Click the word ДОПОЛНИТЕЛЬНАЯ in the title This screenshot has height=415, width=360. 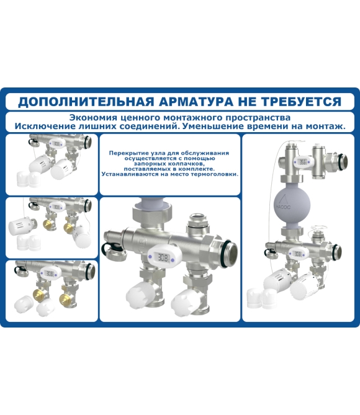(86, 102)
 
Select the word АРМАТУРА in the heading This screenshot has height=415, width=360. (196, 102)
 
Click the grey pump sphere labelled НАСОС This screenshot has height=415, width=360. (289, 203)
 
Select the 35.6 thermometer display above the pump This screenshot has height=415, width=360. (304, 162)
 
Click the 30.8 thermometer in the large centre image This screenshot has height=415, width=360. (161, 256)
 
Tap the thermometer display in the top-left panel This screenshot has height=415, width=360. (56, 144)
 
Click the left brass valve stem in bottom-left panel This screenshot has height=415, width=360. (38, 293)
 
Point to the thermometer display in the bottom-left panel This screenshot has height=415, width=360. (50, 274)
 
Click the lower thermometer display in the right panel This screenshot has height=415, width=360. (298, 254)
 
